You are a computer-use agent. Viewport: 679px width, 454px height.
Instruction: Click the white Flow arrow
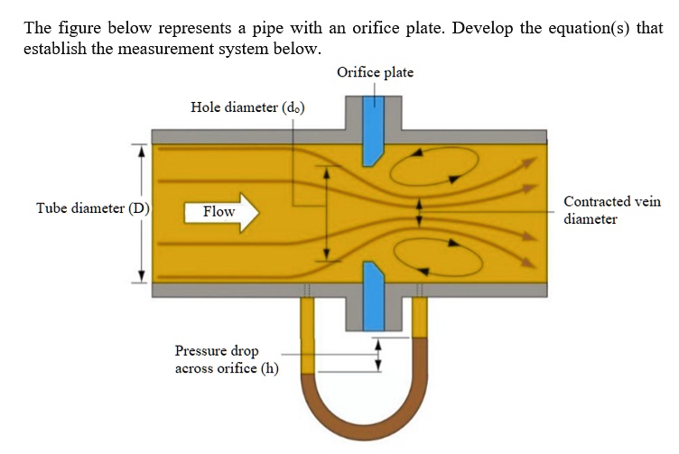[222, 212]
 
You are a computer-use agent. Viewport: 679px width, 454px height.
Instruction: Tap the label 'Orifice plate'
[375, 72]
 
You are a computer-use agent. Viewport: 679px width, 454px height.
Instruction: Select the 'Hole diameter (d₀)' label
[247, 107]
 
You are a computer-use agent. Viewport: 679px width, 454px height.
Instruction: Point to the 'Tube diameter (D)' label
[93, 208]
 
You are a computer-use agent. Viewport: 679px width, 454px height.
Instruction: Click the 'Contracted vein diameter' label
[612, 210]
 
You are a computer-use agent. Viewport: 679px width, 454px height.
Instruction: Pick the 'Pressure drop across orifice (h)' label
[227, 359]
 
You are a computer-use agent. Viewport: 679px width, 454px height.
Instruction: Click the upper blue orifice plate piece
[373, 131]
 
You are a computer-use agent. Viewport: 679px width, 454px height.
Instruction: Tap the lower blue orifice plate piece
[373, 296]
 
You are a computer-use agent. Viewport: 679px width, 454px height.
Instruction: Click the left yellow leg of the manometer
[308, 336]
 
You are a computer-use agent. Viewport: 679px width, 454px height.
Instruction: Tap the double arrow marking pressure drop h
[378, 355]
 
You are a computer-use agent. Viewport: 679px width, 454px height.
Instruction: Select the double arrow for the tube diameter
[141, 213]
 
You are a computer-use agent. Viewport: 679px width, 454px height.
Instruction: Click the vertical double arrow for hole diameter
[328, 213]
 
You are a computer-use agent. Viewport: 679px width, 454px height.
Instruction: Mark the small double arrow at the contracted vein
[419, 212]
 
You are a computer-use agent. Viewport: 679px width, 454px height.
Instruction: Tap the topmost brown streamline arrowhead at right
[528, 162]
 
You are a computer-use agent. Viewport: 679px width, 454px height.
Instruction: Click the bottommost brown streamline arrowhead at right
[528, 263]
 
